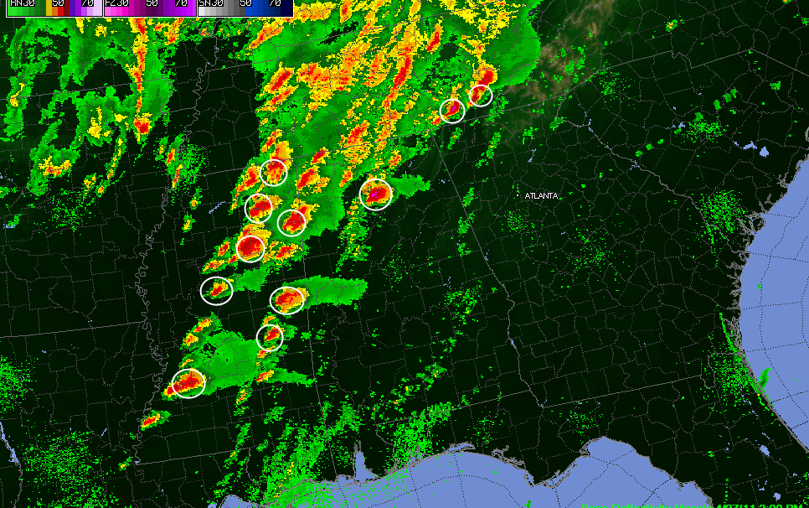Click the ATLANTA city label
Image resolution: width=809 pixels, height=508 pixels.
tap(541, 195)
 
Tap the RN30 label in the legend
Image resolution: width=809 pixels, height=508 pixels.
tap(21, 3)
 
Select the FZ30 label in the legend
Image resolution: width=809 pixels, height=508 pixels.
tap(116, 3)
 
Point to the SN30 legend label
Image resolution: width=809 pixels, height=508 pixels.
tap(210, 3)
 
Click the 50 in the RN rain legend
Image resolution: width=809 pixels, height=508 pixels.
tap(58, 3)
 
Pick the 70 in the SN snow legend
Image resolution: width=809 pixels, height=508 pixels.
tap(274, 3)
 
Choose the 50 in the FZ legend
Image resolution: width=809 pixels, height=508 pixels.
tap(152, 3)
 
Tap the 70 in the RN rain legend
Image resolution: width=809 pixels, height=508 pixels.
tap(86, 3)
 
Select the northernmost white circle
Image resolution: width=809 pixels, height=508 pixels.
tap(480, 95)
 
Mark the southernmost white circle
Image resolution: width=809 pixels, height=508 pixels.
tap(188, 383)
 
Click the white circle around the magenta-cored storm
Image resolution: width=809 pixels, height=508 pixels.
tap(376, 194)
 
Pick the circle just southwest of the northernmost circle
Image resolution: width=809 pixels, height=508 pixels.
tap(452, 110)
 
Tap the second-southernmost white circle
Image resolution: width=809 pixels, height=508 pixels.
tap(270, 337)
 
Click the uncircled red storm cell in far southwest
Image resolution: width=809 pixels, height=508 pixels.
tap(150, 420)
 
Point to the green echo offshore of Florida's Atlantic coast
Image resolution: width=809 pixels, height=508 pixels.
tap(761, 377)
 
